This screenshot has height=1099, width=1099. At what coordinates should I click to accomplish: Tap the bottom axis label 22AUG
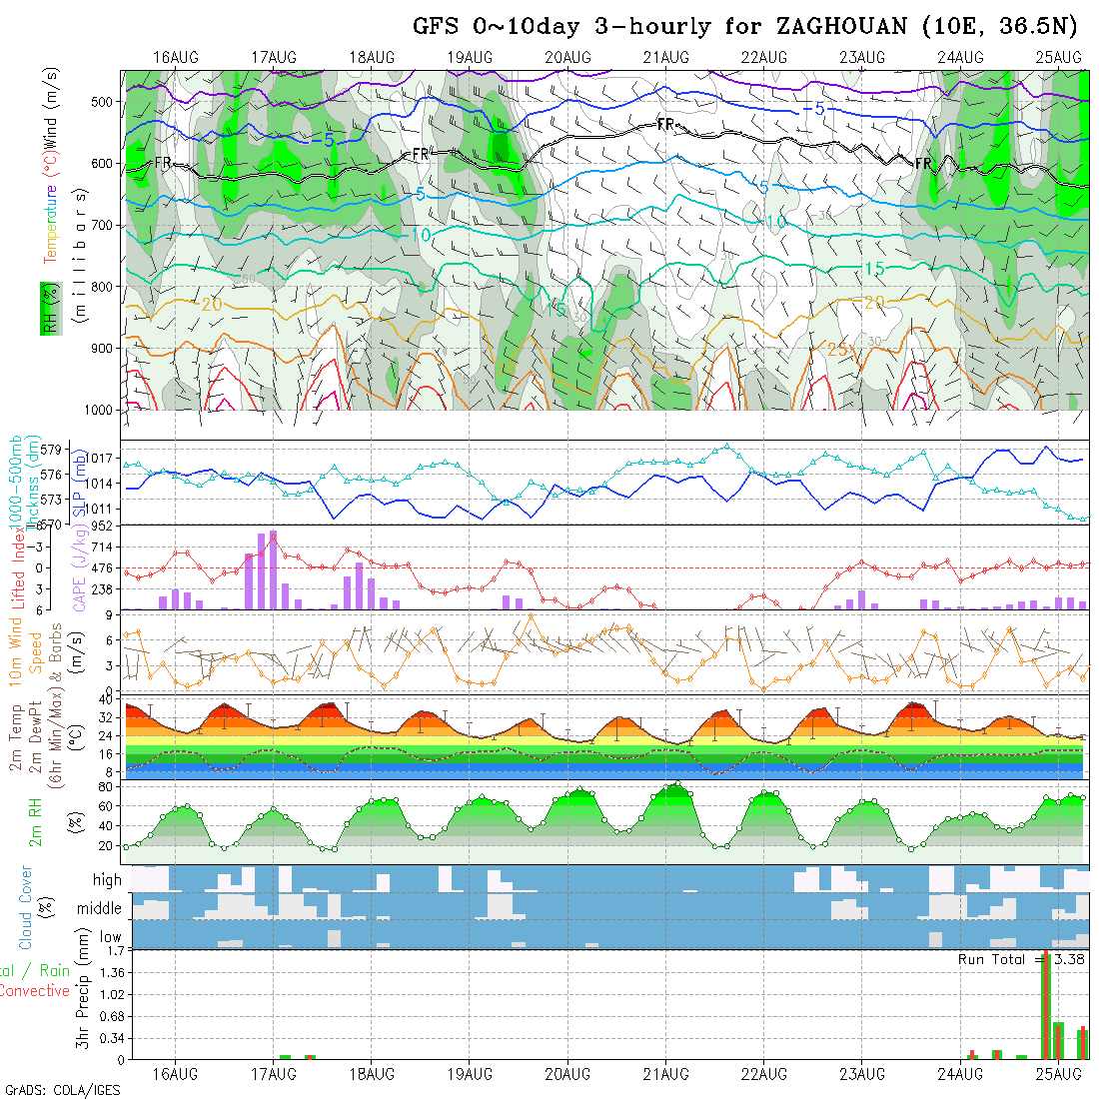(x=764, y=1074)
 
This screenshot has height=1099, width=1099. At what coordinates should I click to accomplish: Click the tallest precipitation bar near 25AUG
(x=1046, y=1004)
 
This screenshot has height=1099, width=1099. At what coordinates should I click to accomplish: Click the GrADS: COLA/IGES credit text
(x=62, y=1090)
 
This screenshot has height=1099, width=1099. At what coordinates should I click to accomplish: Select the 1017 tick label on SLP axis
(x=105, y=459)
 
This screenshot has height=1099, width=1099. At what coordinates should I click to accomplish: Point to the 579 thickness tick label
(x=56, y=449)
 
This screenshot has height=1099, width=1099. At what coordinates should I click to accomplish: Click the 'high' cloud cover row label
(x=107, y=880)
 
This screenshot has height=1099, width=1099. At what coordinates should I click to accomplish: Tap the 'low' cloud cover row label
(x=110, y=937)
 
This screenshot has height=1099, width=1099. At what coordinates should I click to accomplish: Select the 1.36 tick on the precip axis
(x=105, y=973)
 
